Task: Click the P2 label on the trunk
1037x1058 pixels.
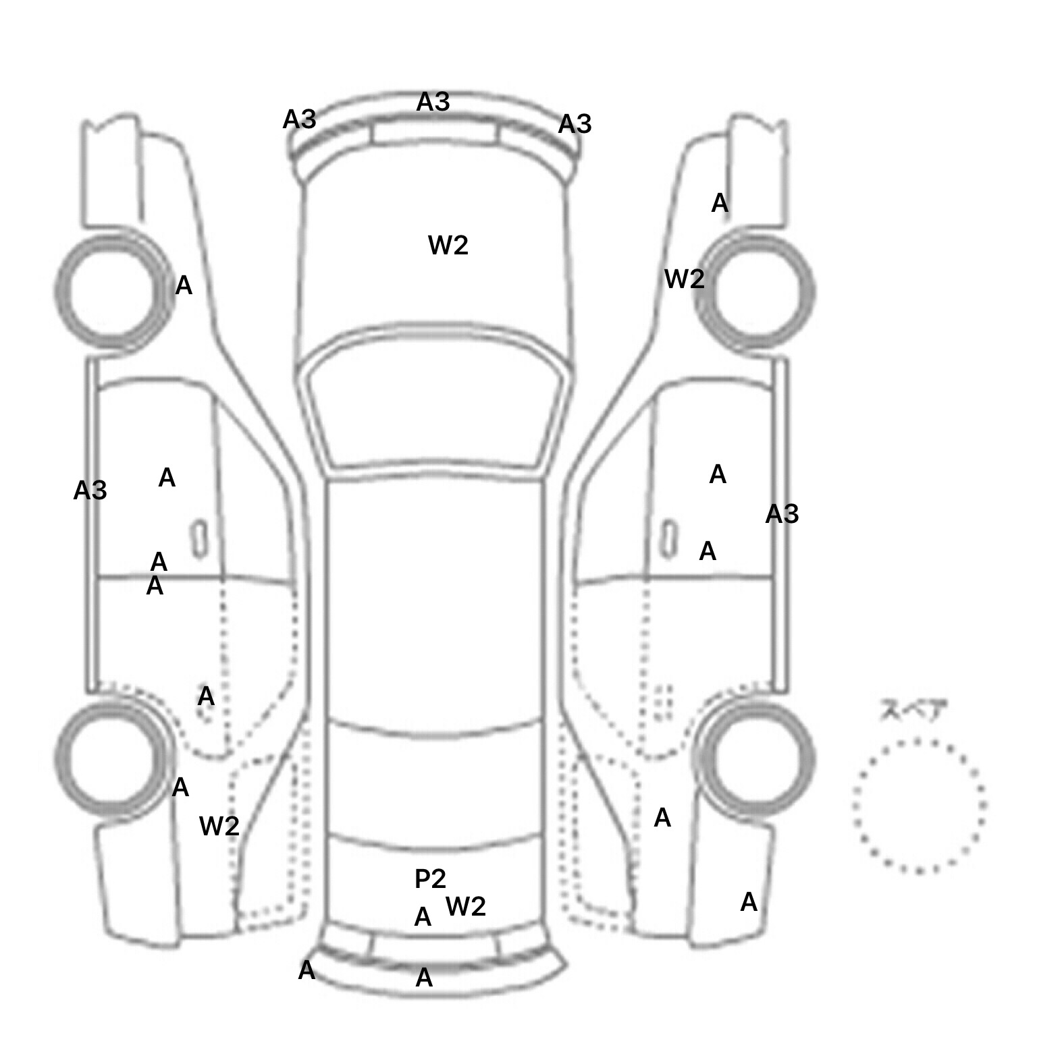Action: point(430,879)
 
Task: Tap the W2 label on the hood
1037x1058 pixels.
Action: point(448,245)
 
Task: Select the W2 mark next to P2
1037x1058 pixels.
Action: point(466,906)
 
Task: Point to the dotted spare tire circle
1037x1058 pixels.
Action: point(853,806)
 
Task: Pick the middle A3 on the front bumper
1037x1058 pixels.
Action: point(433,102)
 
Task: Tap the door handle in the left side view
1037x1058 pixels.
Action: point(199,539)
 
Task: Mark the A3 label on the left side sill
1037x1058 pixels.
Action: point(90,491)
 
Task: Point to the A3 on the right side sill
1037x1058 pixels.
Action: point(782,514)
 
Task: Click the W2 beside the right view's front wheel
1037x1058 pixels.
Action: point(685,279)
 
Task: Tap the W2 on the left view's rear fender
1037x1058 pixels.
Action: point(219,825)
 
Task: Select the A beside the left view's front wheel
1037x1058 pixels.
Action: point(184,286)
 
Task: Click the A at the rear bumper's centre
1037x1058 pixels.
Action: point(424,978)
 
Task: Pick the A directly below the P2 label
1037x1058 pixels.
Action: point(423,917)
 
